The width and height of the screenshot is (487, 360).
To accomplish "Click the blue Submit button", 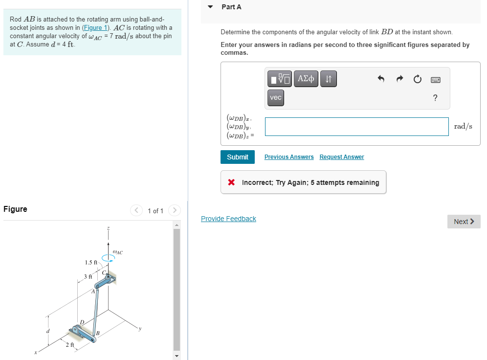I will [x=238, y=157].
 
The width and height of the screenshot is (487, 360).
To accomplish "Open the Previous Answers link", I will [x=289, y=157].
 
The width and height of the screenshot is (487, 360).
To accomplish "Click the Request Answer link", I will [x=342, y=157].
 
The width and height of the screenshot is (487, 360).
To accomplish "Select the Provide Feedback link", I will [x=228, y=219].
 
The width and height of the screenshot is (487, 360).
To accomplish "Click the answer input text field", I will [x=356, y=127].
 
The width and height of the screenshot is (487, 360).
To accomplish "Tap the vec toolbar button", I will [x=276, y=98].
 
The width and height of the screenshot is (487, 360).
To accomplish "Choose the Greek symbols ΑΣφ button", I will [x=306, y=78].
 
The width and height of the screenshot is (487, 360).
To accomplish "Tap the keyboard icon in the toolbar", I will [x=435, y=79].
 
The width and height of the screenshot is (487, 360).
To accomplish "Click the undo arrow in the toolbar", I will [x=382, y=79].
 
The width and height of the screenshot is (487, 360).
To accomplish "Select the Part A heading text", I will [x=231, y=7].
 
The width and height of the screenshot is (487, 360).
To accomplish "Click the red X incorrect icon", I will [x=231, y=182].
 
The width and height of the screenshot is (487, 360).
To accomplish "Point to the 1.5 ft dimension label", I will [x=91, y=262].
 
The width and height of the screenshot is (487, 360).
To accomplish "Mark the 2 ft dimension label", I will [x=70, y=345].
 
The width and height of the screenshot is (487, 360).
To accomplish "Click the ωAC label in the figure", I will [x=117, y=252].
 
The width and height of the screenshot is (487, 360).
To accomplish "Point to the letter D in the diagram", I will [x=82, y=321].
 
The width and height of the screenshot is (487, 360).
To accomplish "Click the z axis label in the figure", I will [x=108, y=228].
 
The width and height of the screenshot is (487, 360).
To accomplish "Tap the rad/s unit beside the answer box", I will [x=463, y=126].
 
